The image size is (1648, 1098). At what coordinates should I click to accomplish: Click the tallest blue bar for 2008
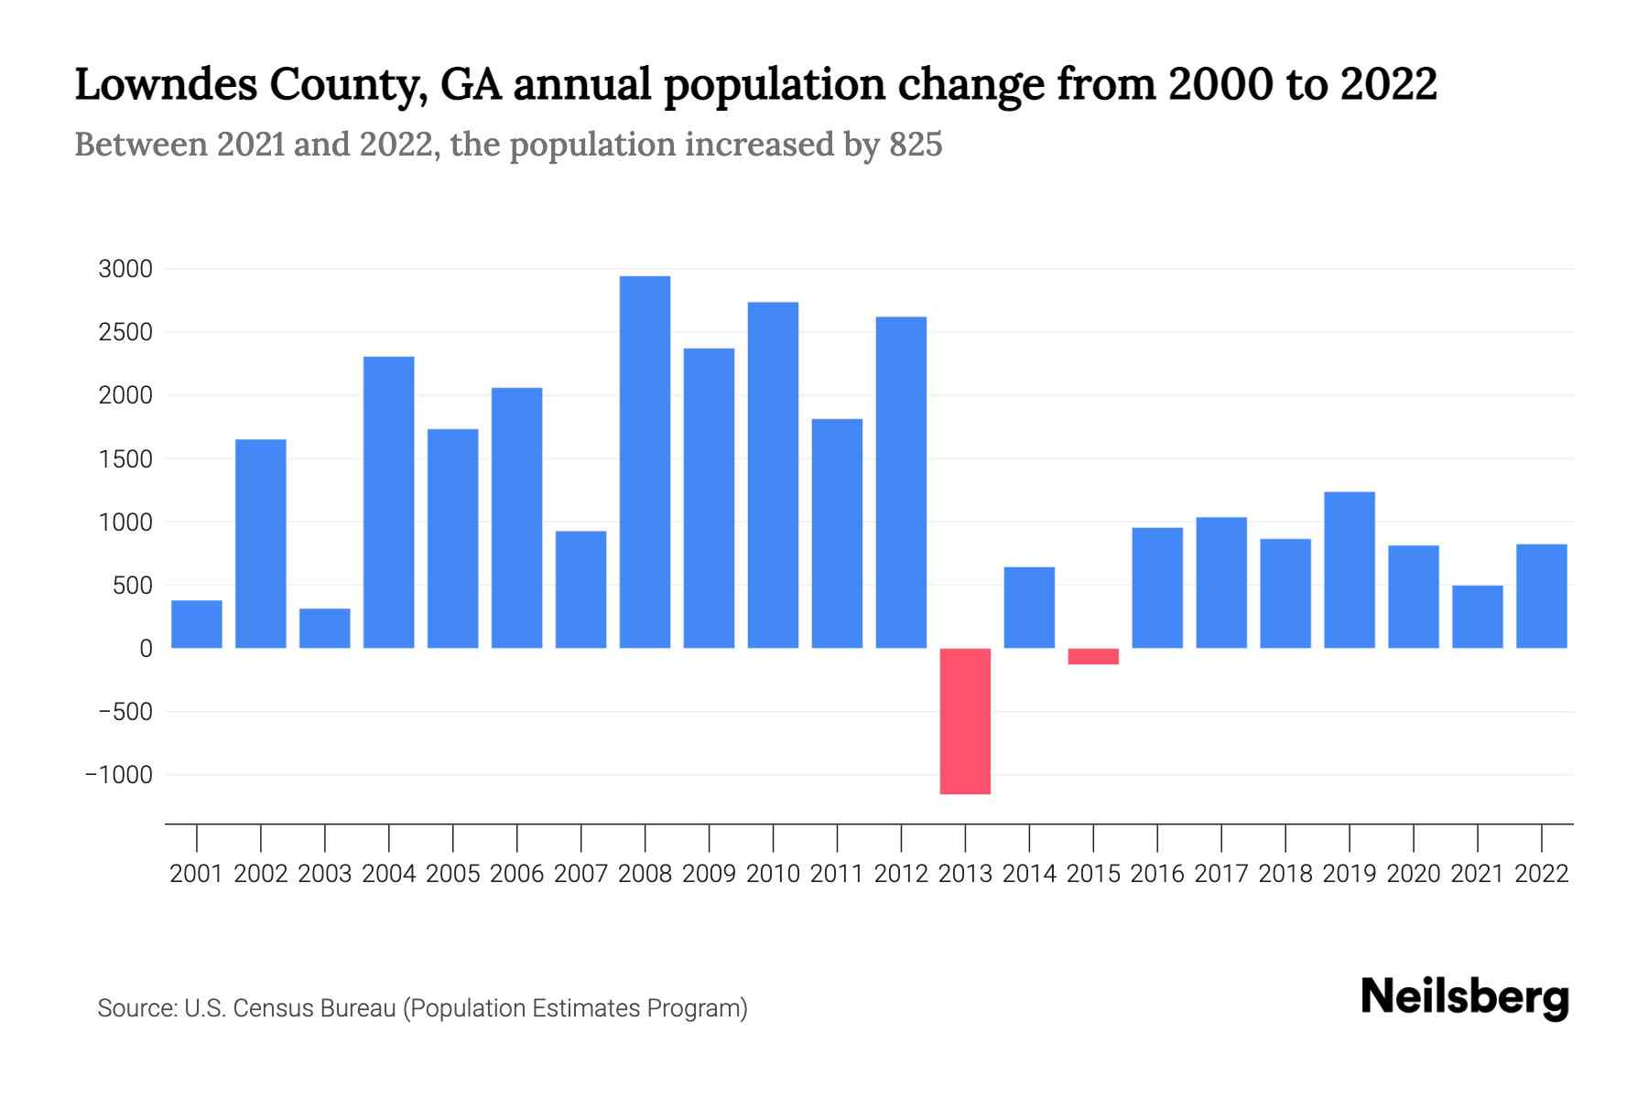(x=645, y=462)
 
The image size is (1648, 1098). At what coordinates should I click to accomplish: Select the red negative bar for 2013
(x=965, y=721)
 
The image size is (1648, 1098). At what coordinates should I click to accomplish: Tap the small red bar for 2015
(x=1093, y=656)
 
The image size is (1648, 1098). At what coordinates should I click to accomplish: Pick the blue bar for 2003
(x=325, y=629)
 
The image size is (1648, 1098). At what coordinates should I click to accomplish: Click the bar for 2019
(x=1350, y=570)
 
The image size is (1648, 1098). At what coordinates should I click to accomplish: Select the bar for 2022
(x=1542, y=597)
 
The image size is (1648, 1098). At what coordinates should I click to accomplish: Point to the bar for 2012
(x=901, y=482)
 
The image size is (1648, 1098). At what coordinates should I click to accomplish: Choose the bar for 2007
(x=580, y=589)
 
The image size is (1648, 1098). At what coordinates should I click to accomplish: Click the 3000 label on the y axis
(x=125, y=269)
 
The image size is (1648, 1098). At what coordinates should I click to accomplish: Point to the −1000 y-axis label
(x=119, y=775)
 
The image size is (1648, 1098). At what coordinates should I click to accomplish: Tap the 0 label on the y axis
(x=146, y=649)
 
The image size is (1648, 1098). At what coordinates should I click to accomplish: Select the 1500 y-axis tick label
(x=125, y=459)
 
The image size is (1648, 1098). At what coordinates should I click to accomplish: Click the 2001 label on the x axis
(x=197, y=874)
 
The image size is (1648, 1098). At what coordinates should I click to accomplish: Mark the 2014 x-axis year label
(x=1029, y=874)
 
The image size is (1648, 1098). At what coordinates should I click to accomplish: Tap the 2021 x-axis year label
(x=1478, y=874)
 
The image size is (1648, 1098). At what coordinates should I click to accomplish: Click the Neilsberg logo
(x=1465, y=997)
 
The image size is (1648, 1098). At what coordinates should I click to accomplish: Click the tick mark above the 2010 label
(x=773, y=837)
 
